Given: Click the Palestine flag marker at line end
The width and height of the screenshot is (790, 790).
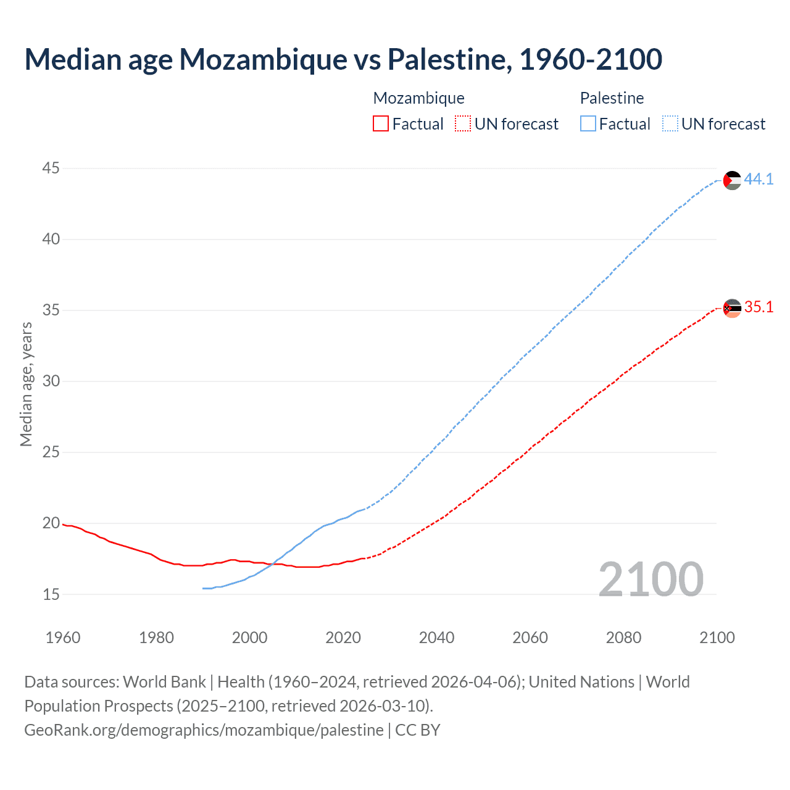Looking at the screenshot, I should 732,180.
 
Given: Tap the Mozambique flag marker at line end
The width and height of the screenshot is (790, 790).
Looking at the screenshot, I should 732,308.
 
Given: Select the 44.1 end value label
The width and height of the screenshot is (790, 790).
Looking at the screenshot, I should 759,180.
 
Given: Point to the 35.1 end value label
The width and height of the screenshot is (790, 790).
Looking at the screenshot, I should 759,307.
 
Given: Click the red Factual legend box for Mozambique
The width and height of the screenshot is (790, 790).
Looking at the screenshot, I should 381,124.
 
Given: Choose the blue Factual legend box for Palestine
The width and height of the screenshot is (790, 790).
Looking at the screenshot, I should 588,124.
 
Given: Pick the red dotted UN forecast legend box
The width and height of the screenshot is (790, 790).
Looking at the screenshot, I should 463,124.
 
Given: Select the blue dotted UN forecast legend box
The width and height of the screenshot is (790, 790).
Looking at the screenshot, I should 670,124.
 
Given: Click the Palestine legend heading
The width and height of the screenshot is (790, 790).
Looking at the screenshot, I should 612,98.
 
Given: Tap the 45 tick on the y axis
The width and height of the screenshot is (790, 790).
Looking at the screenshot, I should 51,168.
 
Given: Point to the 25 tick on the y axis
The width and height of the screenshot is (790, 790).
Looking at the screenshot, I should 51,452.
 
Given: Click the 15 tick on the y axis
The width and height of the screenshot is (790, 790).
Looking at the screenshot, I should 51,594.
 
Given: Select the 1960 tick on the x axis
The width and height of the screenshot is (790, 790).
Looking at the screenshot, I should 63,638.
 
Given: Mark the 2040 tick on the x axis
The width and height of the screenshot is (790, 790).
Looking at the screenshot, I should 436,638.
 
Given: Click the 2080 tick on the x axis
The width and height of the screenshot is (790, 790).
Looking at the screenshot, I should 623,638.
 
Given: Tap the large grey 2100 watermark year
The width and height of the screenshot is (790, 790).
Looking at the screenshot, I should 651,580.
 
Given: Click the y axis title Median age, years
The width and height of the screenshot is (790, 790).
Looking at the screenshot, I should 26,384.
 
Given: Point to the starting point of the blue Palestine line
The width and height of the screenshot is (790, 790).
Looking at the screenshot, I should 203,588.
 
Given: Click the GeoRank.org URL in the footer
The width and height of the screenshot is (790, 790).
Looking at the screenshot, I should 204,730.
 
